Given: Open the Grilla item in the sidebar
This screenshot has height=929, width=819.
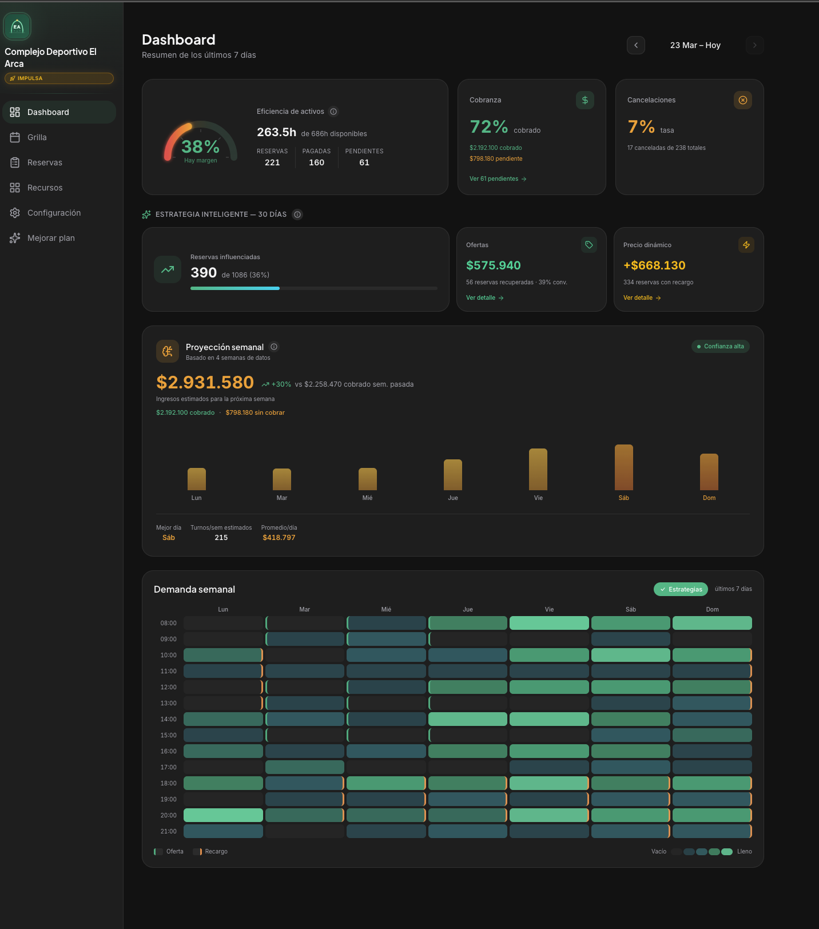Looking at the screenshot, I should tap(37, 137).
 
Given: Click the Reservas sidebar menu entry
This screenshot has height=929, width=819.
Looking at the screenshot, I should tap(45, 162).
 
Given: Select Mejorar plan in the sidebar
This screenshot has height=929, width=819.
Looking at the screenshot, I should tap(50, 238).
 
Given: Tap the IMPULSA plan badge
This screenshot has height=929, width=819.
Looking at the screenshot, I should tap(59, 78).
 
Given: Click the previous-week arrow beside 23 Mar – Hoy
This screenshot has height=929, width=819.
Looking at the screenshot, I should tap(636, 45).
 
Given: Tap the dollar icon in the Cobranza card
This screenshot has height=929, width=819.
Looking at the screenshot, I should tap(585, 100).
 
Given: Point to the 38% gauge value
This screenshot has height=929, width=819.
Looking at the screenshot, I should tap(200, 147).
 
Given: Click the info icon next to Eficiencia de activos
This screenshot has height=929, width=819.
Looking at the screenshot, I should tap(333, 112).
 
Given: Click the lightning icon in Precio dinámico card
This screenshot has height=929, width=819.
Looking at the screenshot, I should tap(746, 245).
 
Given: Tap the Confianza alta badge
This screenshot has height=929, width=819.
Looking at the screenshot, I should tap(720, 347).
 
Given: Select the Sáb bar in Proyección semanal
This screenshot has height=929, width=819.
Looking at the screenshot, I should tap(623, 467).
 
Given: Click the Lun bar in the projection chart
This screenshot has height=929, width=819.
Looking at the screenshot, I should tap(196, 479).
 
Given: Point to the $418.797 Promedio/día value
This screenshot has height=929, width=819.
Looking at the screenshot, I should tap(279, 538).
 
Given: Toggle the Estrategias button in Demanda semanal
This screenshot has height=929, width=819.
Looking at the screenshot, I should tap(681, 589).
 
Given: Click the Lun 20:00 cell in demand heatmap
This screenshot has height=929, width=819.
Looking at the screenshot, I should tap(223, 815).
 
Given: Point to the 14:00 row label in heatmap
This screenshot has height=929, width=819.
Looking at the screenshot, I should tap(168, 719).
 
